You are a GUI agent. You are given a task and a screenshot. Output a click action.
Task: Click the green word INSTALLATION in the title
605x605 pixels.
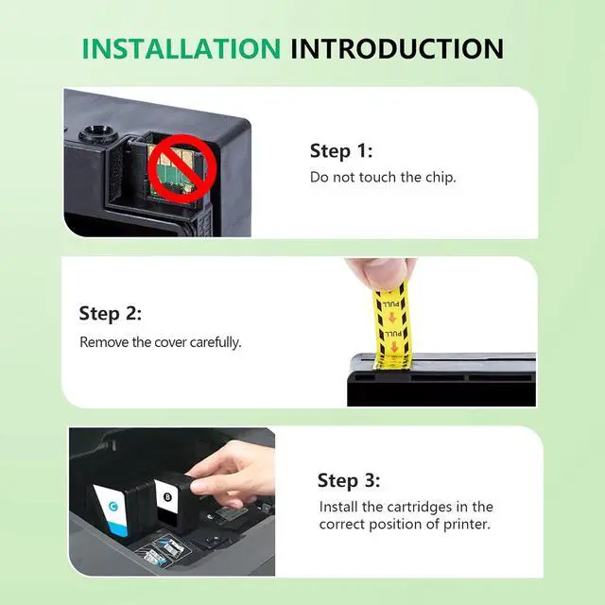point(181,48)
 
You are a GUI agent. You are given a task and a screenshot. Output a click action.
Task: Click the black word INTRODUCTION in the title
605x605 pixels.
point(397,48)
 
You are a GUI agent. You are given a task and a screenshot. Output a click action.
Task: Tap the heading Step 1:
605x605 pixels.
point(341,151)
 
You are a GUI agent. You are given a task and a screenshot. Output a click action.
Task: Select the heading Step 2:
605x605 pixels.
point(111,313)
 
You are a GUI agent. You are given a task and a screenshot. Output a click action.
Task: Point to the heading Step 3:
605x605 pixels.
point(349,481)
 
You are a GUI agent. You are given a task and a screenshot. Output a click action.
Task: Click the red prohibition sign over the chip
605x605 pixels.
point(178,169)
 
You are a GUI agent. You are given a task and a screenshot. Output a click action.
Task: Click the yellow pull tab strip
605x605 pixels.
point(390,325)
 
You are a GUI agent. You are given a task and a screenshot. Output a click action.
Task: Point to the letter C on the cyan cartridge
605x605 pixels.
point(113,506)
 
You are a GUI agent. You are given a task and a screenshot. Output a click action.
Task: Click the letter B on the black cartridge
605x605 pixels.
point(167,497)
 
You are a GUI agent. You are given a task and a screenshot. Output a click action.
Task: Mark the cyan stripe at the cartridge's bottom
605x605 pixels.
point(118,529)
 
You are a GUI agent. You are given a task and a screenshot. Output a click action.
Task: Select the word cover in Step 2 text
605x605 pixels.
point(170,342)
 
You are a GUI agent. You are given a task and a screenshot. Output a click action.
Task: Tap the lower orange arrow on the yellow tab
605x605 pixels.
point(393,347)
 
